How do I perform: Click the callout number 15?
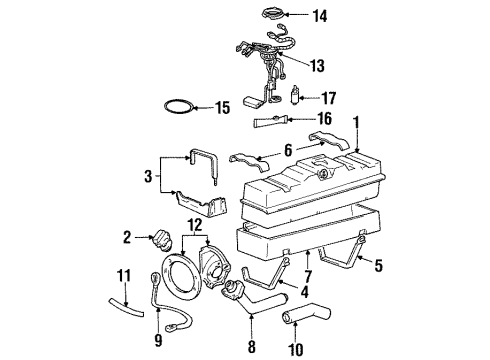(222, 106)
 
